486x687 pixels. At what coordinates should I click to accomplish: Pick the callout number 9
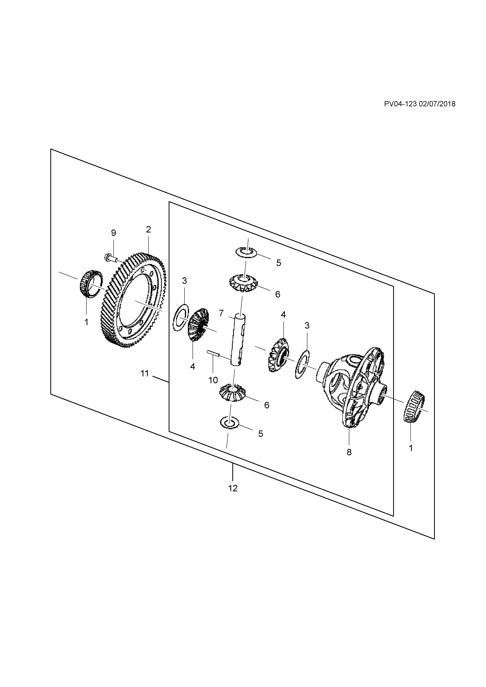[x=113, y=233]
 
